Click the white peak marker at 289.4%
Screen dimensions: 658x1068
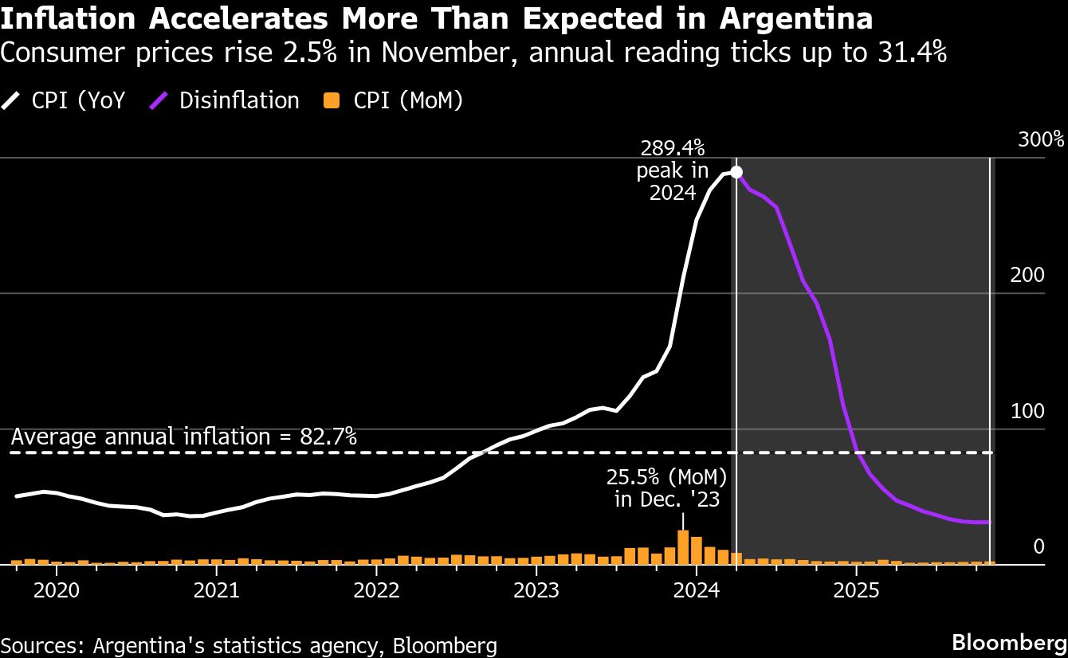(736, 172)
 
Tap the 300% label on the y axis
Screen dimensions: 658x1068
(1041, 140)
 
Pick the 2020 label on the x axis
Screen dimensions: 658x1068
(57, 592)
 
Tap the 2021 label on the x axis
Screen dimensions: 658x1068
(216, 592)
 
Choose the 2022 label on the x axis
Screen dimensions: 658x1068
(376, 592)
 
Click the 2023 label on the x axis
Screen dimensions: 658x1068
(536, 592)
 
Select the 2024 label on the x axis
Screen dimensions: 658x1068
(696, 592)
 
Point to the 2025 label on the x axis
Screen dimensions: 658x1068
(856, 592)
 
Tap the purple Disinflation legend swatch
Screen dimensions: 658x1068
(159, 101)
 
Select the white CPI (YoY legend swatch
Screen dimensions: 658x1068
(11, 101)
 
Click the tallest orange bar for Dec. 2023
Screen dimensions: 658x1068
(683, 546)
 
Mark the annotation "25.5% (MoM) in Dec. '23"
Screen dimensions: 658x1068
(667, 488)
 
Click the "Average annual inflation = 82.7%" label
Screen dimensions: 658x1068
(184, 437)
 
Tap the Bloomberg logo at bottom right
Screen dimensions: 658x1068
(1010, 643)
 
